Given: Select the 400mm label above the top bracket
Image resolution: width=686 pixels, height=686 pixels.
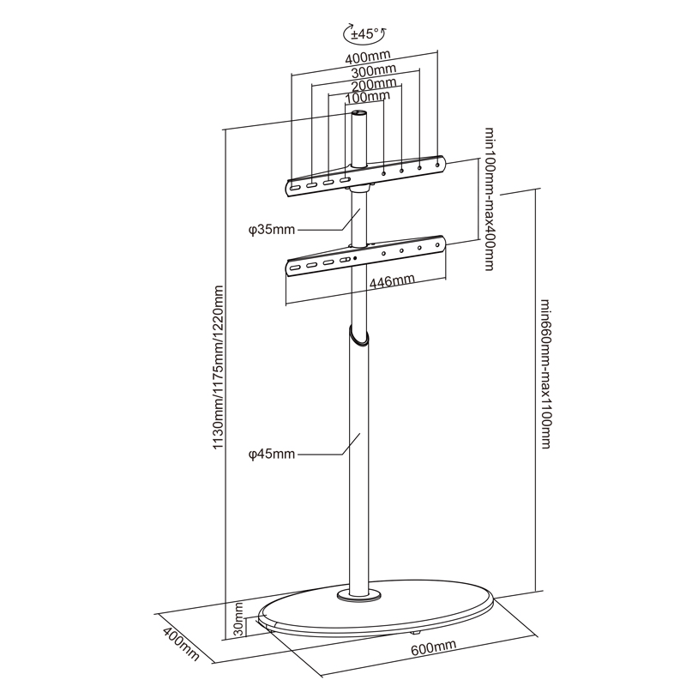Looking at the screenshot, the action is click(368, 57).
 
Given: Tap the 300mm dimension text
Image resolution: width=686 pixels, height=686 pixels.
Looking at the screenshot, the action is click(374, 70).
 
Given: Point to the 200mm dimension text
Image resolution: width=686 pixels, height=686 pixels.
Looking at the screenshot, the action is click(374, 83).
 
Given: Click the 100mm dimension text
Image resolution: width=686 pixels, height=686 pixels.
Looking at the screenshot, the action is click(368, 95).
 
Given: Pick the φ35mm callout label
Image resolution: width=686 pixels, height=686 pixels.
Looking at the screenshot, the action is click(272, 230).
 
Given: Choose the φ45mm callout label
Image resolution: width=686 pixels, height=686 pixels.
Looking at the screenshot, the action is click(272, 454).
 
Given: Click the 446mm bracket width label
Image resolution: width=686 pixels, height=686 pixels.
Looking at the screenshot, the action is click(392, 281).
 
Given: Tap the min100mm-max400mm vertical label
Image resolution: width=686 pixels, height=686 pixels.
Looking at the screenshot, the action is click(490, 199).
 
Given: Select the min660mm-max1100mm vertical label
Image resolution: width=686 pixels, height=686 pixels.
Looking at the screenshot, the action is click(545, 374).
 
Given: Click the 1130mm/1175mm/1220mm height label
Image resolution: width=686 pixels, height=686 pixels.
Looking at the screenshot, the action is click(218, 368).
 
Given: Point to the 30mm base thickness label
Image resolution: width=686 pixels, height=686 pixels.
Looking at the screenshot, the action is click(238, 619).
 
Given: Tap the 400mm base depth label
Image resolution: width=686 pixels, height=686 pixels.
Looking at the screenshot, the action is click(181, 644).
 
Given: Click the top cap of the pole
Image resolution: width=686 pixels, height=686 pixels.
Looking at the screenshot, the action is click(359, 113).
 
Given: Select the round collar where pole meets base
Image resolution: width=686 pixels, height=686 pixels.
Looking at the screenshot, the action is click(359, 595).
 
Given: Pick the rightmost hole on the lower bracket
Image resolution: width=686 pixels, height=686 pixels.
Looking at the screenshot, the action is click(437, 245).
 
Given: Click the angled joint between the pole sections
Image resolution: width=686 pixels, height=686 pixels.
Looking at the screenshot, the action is click(358, 337).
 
